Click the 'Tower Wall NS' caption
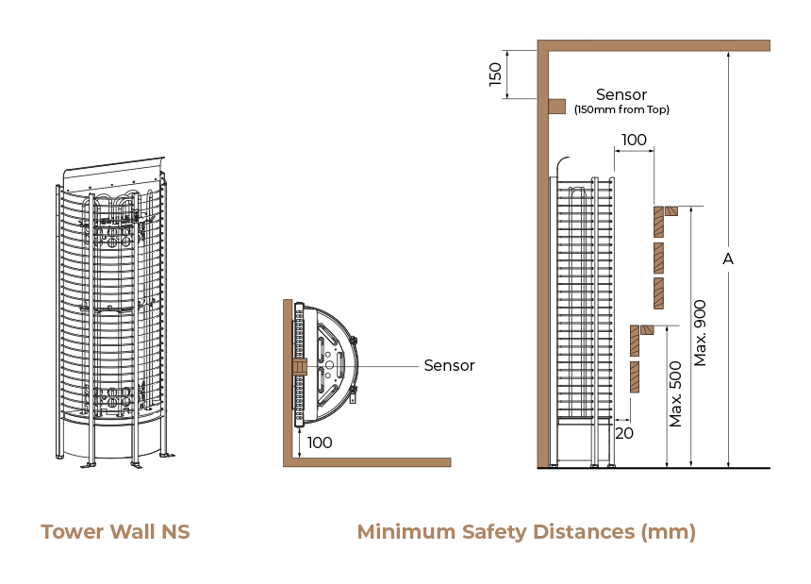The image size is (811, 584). [115, 532]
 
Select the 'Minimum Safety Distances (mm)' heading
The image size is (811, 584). [526, 532]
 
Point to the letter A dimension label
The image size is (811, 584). [727, 259]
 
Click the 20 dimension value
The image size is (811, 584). [623, 432]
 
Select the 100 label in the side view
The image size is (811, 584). [634, 141]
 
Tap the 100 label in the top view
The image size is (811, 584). [320, 442]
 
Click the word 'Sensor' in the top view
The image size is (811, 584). [449, 365]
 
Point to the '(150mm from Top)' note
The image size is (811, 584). [621, 110]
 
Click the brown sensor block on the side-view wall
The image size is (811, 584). [556, 107]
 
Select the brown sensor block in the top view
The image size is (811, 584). [299, 365]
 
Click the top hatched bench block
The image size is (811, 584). [658, 221]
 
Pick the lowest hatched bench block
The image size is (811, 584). [635, 376]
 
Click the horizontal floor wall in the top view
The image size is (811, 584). [368, 462]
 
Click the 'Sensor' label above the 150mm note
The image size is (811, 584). [621, 94]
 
